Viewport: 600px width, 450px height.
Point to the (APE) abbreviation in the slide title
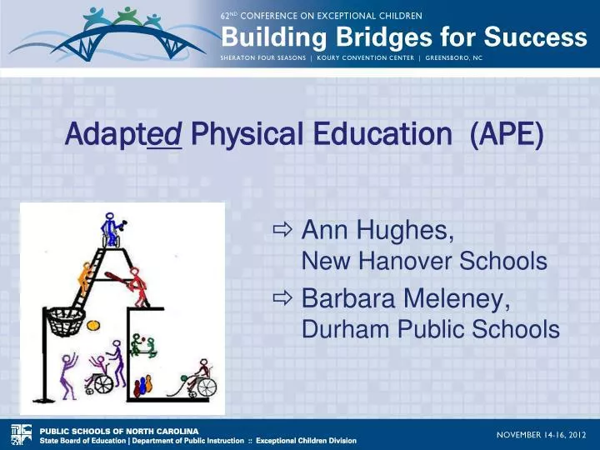[x=507, y=135]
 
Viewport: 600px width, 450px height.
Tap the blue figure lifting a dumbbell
[x=110, y=229]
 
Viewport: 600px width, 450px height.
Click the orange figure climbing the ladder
[x=83, y=275]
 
